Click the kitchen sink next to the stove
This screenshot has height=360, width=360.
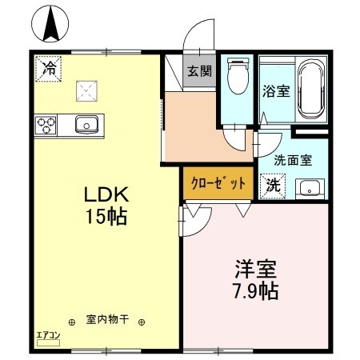pos(86,124)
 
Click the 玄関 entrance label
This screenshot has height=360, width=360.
pos(199,70)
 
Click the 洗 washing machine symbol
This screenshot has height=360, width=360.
pos(272,186)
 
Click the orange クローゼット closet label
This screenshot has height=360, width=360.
pos(218,182)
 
